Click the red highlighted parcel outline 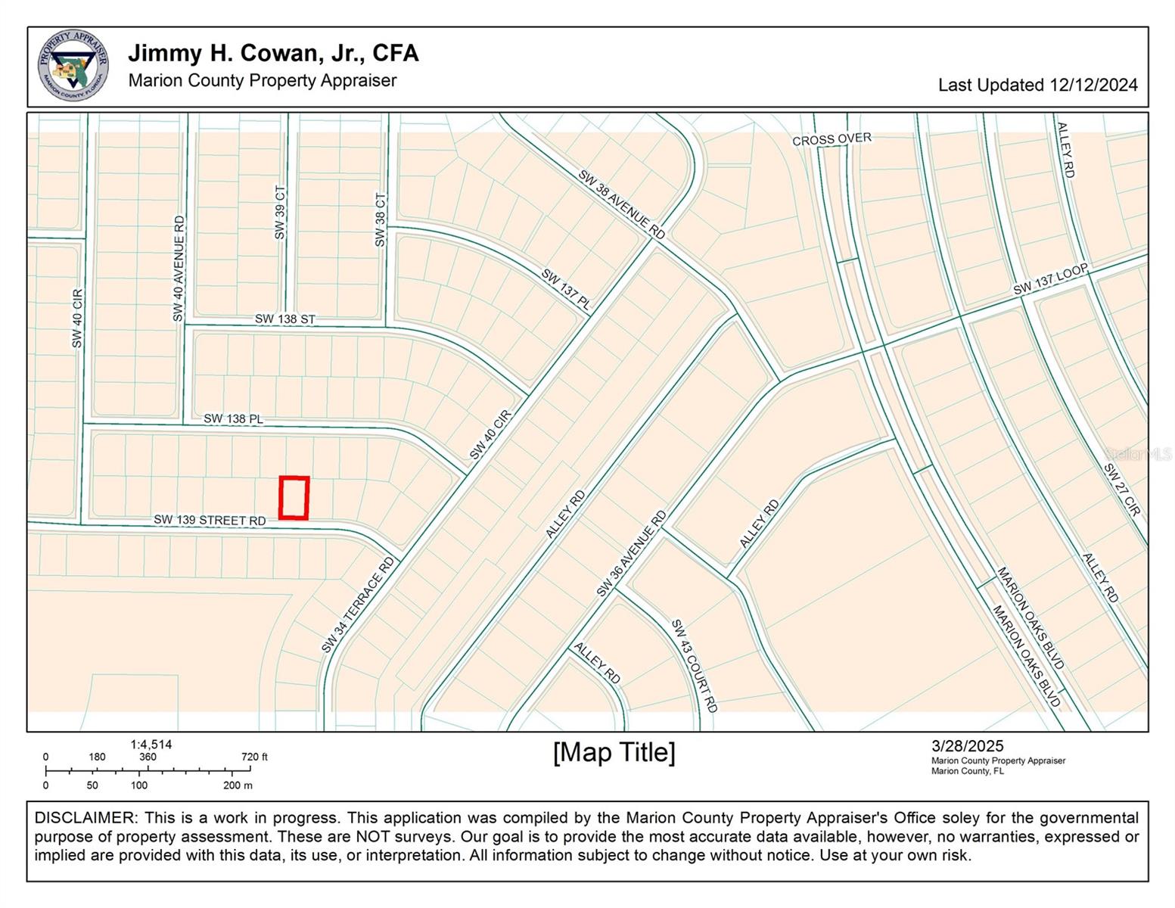point(294,498)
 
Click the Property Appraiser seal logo point(73,67)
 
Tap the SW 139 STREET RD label point(210,520)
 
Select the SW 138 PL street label point(233,418)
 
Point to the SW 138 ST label point(284,319)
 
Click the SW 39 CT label point(280,213)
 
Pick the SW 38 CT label point(380,219)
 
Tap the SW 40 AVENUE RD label point(179,269)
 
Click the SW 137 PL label point(566,288)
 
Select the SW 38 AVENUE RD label point(621,204)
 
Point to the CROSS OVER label point(832,139)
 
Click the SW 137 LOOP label point(1050,279)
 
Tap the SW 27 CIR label point(1121,490)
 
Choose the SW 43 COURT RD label point(694,666)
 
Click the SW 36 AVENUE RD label point(631,553)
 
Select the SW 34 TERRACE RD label point(357,605)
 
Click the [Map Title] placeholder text point(614,752)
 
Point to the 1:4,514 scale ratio point(151,745)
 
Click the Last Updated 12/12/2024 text point(1037,85)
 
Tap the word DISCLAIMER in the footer point(84,818)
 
